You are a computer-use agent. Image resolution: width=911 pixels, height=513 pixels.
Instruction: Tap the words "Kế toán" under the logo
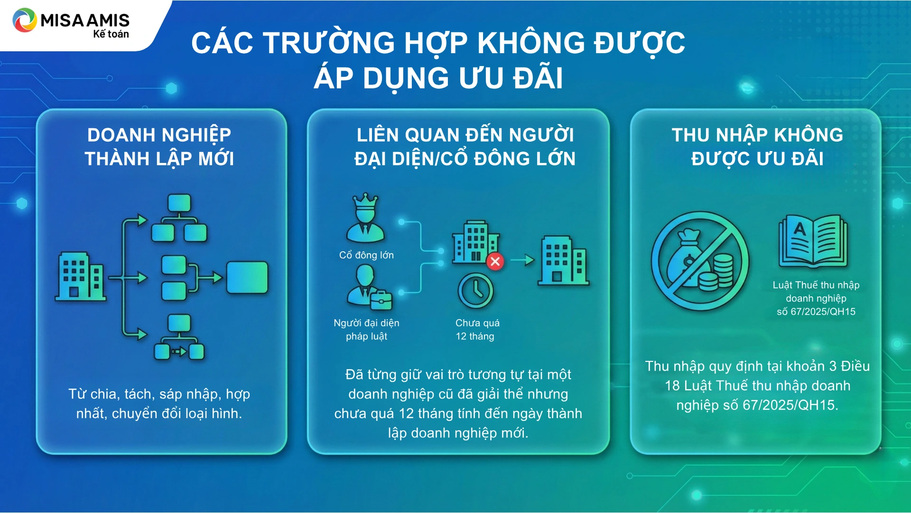click(111, 34)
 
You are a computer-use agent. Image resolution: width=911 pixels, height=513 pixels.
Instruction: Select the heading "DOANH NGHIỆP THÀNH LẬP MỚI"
click(159, 147)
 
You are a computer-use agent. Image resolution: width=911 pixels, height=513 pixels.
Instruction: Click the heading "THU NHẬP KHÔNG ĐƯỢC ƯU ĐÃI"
click(757, 147)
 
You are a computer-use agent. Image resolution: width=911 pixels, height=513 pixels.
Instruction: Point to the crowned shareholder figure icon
click(365, 218)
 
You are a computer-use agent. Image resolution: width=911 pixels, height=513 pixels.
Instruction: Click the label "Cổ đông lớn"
click(366, 255)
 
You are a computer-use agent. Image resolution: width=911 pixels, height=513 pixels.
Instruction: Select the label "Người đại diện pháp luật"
click(366, 330)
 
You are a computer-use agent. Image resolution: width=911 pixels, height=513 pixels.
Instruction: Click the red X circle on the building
click(495, 261)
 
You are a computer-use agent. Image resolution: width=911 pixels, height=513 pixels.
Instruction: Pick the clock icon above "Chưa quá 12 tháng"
click(475, 291)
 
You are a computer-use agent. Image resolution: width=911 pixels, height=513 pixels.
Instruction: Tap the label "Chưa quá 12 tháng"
click(477, 330)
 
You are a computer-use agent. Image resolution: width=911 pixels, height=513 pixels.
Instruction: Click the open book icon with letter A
click(813, 241)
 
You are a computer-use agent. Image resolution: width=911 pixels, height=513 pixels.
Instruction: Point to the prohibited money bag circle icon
click(700, 261)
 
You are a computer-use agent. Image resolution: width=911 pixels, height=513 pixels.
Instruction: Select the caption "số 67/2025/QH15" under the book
click(816, 312)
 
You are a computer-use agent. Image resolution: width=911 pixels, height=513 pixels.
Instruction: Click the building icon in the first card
click(81, 276)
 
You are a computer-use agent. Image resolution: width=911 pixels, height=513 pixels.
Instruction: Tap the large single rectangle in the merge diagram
click(247, 277)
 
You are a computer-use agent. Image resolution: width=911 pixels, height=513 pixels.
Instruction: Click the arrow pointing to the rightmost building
click(523, 260)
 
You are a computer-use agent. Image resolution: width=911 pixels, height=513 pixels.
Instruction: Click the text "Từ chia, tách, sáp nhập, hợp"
click(159, 394)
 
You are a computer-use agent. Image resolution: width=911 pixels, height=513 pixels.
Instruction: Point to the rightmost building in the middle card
click(563, 260)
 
